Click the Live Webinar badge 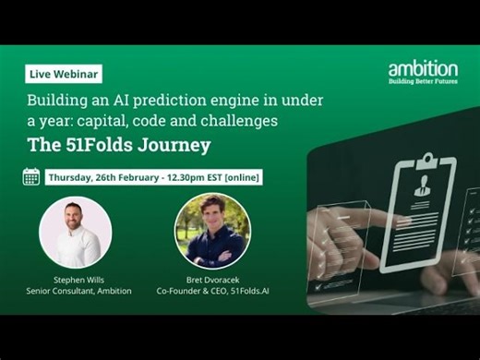[x=64, y=74]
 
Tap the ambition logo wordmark [x=422, y=68]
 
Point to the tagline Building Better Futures [x=422, y=83]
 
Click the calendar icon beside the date [x=31, y=175]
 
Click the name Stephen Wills [x=78, y=279]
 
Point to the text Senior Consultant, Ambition [x=78, y=291]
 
